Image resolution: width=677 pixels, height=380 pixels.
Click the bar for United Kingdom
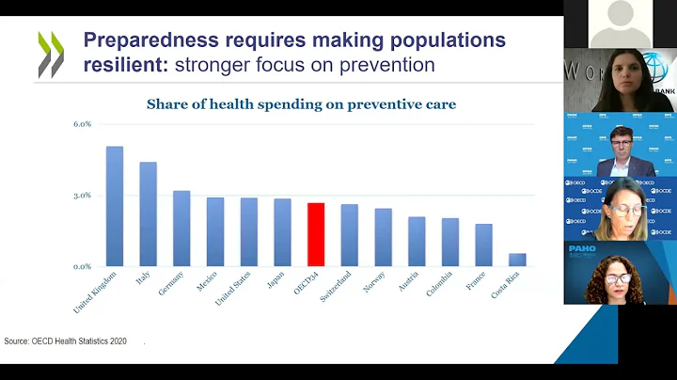(x=115, y=207)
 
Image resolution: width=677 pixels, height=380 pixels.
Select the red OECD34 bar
(x=316, y=235)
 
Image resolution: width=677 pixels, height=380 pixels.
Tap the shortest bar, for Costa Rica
(x=517, y=260)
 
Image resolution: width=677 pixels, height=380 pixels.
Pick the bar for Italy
(x=149, y=214)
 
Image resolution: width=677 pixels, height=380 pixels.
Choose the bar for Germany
(x=181, y=229)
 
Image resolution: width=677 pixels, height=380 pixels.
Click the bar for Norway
(x=383, y=238)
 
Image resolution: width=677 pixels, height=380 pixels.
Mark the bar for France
(x=483, y=245)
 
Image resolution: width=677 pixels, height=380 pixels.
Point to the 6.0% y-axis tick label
(x=83, y=124)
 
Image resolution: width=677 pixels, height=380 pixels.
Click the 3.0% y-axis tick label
(x=83, y=196)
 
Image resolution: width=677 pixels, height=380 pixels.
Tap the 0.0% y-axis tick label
(x=83, y=267)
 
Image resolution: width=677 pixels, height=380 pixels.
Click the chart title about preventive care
(x=301, y=103)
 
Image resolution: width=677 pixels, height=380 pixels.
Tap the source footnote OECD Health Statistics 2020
(x=65, y=340)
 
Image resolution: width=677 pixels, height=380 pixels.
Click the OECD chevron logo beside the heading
(x=51, y=54)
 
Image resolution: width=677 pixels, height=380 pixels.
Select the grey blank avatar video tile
(x=620, y=23)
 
